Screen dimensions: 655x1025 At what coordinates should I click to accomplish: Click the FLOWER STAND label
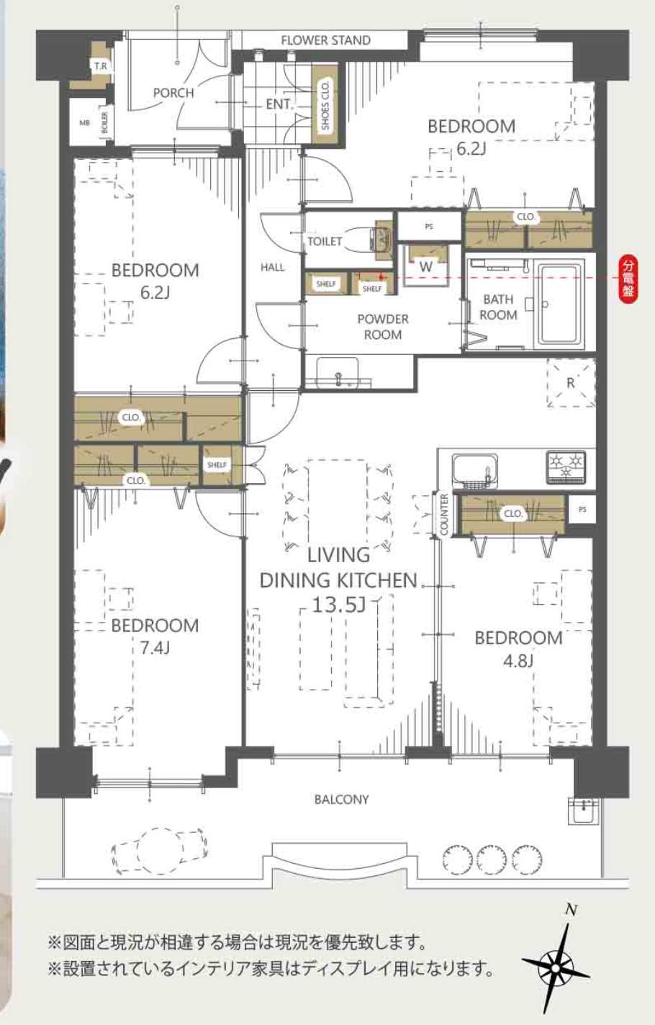click(x=325, y=40)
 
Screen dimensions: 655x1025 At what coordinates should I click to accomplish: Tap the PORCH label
click(x=173, y=93)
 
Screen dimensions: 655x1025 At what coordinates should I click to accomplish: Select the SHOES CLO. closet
click(x=325, y=104)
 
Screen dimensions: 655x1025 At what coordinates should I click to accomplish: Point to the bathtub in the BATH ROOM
click(x=561, y=304)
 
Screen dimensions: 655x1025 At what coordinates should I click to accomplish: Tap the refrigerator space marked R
click(x=571, y=382)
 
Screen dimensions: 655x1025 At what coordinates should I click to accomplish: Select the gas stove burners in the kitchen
click(x=565, y=467)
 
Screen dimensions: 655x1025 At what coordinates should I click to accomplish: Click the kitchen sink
click(x=474, y=470)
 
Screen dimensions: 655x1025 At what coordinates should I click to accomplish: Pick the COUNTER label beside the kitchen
click(x=443, y=515)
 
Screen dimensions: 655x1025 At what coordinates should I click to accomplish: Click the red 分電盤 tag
click(x=628, y=281)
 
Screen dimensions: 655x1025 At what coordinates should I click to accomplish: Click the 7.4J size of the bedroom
click(x=155, y=648)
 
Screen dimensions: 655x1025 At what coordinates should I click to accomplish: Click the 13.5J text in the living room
click(x=338, y=605)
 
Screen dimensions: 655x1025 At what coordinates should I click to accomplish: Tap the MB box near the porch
click(x=85, y=122)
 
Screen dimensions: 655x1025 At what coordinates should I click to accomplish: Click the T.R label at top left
click(x=101, y=66)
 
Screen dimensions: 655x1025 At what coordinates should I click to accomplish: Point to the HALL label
click(x=272, y=267)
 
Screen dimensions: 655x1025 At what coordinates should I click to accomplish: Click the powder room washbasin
click(x=338, y=372)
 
